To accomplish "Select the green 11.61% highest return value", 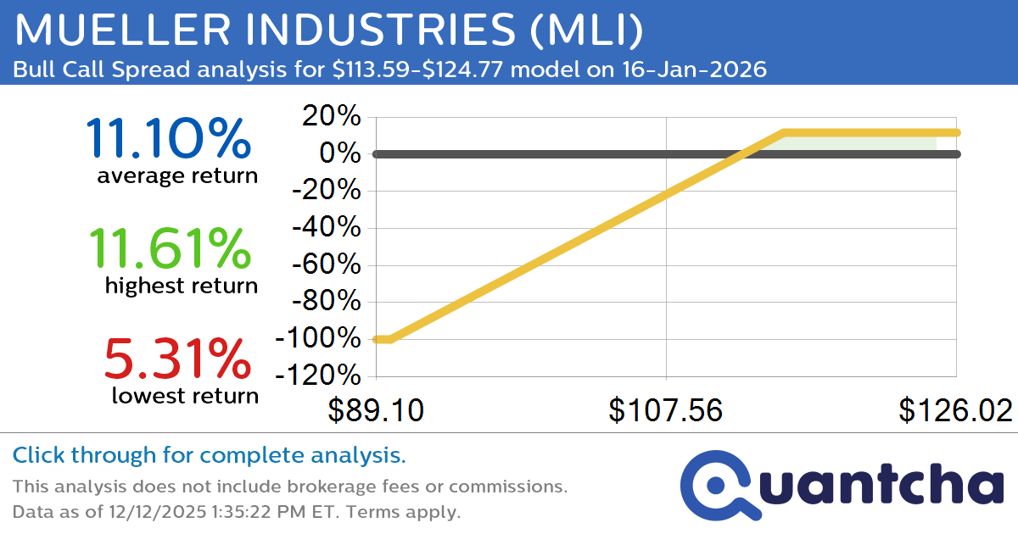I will (168, 248).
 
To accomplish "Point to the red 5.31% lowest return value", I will (177, 358).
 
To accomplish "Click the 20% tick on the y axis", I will (327, 117).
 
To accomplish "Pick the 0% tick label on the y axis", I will (340, 154).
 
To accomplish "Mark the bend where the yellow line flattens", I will (784, 132).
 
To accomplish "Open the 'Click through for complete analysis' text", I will (209, 456).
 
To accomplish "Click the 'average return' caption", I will (176, 175).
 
